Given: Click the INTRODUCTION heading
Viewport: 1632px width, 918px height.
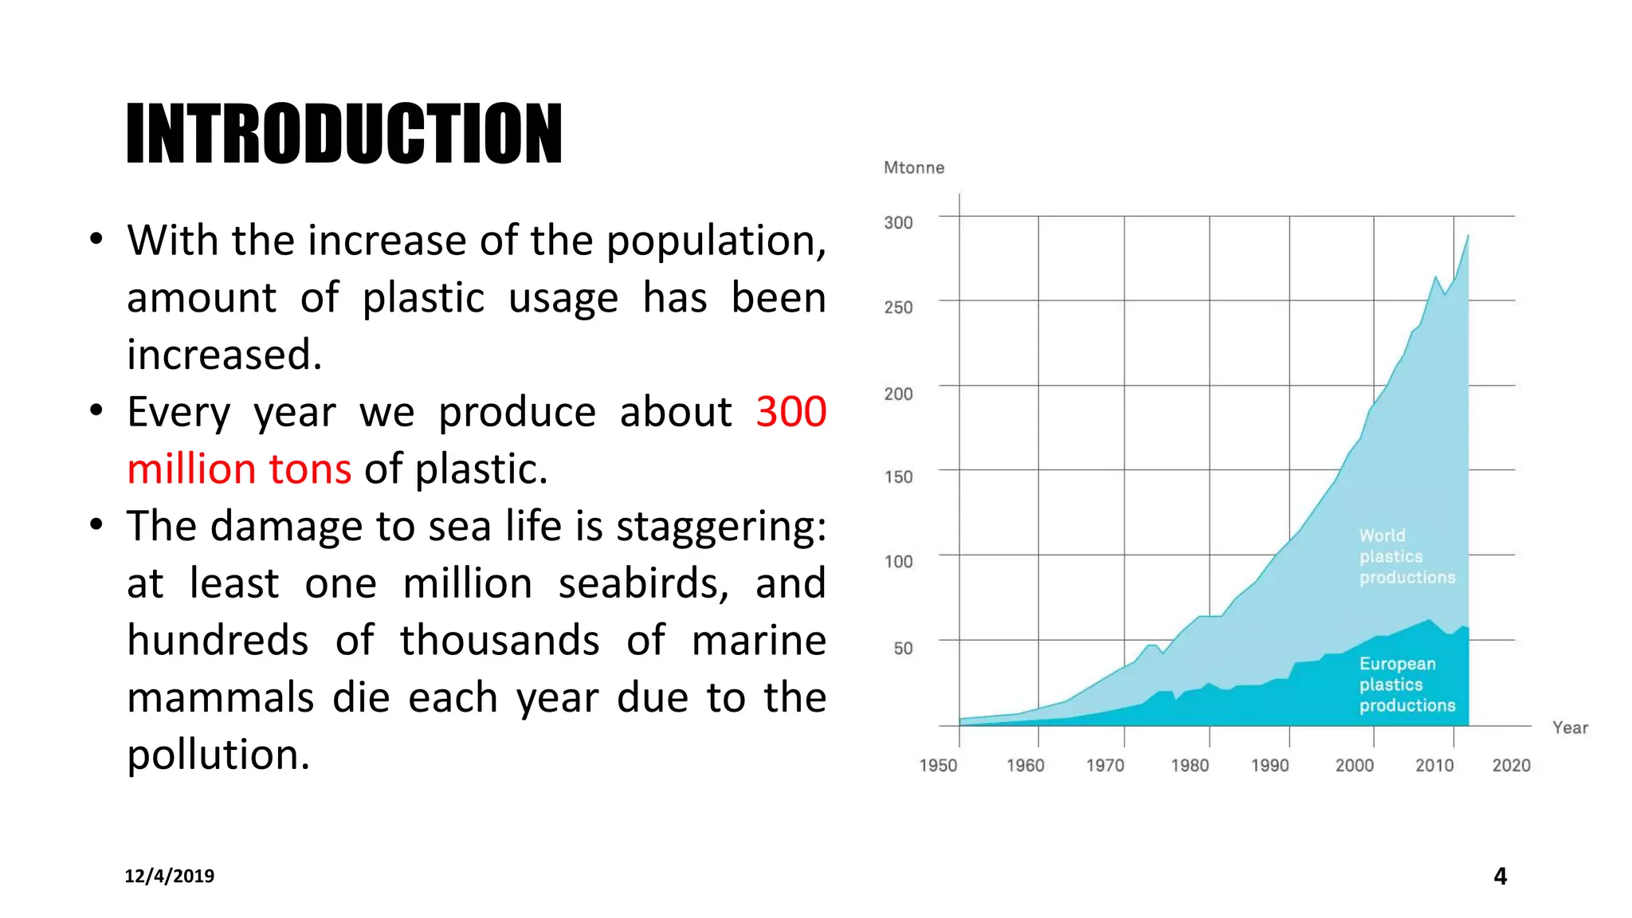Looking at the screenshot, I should (344, 134).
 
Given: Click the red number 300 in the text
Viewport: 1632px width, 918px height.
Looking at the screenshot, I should (790, 412).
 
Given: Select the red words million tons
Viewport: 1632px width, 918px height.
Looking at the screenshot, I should (239, 469).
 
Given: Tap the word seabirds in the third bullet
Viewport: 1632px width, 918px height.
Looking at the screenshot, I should (643, 583).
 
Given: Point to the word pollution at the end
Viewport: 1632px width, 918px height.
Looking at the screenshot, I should (218, 755).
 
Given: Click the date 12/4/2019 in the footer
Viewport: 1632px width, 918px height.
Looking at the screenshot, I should (169, 876).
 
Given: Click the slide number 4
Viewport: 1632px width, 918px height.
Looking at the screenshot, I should (1500, 876).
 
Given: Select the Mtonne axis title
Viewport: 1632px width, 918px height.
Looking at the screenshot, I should (914, 167).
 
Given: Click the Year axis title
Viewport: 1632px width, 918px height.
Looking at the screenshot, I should (1570, 728).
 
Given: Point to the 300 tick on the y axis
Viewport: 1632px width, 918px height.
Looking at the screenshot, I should (898, 222).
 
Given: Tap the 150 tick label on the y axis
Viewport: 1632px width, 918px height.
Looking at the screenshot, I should (898, 477).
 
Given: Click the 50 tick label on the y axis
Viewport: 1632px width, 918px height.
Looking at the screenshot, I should (903, 648).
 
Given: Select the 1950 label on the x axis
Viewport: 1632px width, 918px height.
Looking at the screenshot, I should (938, 765).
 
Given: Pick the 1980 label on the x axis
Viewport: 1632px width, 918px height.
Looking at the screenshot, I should (1190, 765).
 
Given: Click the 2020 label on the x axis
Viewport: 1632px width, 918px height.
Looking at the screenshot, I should (1511, 765).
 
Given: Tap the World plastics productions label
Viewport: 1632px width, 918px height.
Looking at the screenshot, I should (1406, 556).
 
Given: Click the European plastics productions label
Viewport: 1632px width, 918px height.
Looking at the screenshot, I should (1406, 685).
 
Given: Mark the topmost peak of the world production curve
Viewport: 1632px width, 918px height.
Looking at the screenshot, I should (1468, 236).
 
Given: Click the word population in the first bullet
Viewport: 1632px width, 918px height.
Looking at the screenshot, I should (716, 241).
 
